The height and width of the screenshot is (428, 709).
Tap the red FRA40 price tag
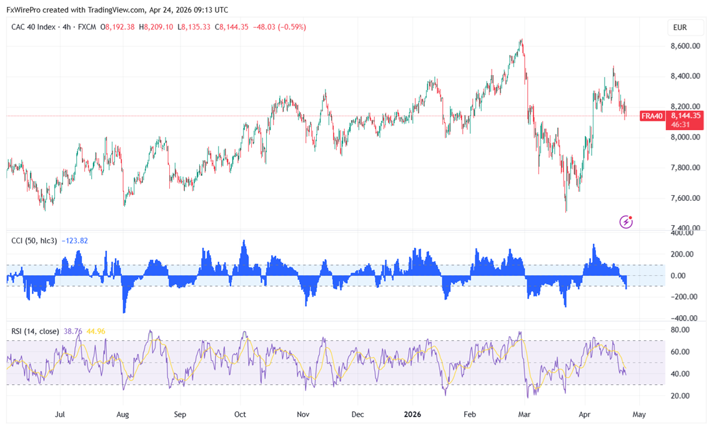[x=652, y=116]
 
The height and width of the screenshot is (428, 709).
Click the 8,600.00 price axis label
[x=685, y=46]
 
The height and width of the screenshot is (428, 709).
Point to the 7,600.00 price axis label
[x=685, y=198]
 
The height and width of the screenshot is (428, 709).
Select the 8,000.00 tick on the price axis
[x=685, y=138]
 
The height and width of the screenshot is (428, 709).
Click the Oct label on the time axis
[x=240, y=414]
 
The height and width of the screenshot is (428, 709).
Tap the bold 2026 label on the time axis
[x=412, y=414]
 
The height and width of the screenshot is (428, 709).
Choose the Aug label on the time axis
[x=122, y=414]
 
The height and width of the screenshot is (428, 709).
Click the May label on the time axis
[x=639, y=414]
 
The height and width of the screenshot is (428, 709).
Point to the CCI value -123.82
[x=76, y=240]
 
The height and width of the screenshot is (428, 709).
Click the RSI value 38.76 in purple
[x=72, y=331]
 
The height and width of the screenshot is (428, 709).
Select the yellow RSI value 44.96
[x=96, y=331]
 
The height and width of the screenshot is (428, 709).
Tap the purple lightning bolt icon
[x=626, y=222]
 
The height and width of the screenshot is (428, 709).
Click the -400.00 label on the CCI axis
[x=682, y=318]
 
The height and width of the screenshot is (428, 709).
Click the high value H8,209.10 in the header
[x=156, y=27]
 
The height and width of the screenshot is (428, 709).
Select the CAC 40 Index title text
[x=33, y=27]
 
